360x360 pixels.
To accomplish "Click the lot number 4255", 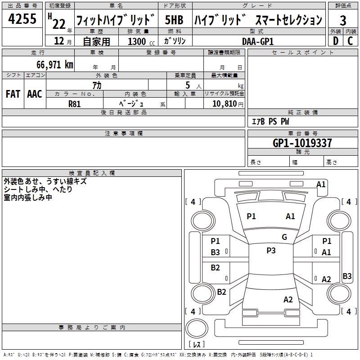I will [22, 19].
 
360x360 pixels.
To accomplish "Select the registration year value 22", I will [58, 21].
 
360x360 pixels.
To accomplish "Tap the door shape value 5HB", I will [174, 20].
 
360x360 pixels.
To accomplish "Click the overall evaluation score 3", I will [343, 20].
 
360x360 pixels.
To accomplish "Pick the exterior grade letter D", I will [335, 40].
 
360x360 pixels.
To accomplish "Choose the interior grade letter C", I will [351, 40].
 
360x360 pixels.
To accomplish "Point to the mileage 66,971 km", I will [51, 65].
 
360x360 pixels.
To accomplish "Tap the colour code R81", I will [74, 103].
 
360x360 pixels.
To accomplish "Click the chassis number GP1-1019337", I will [302, 143].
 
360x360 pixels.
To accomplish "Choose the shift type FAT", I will [13, 94].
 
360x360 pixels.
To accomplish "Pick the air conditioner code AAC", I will [35, 94].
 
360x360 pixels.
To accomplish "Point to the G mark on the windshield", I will [284, 237].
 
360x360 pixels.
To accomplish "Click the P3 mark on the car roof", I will [271, 251].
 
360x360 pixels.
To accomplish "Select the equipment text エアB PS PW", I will [270, 121].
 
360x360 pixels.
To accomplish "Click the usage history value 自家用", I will [96, 41].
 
